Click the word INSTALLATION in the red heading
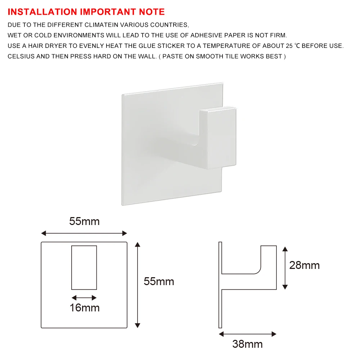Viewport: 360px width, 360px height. [x=42, y=12]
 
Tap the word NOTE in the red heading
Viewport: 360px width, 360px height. [x=152, y=12]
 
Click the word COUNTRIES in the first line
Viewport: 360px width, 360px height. [x=170, y=25]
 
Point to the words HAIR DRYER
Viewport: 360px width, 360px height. [x=47, y=46]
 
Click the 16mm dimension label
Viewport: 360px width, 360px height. [x=85, y=308]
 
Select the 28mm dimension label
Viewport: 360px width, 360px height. [x=305, y=265]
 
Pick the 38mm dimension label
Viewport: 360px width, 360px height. [x=248, y=344]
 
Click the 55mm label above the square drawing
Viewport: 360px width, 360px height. [x=84, y=221]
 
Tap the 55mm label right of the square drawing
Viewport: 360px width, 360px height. [x=159, y=282]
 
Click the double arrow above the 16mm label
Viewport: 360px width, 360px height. [x=84, y=298]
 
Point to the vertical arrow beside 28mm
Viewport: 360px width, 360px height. [x=285, y=268]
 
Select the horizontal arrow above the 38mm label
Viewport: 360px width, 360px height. [x=248, y=334]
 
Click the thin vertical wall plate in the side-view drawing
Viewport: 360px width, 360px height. [x=220, y=285]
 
